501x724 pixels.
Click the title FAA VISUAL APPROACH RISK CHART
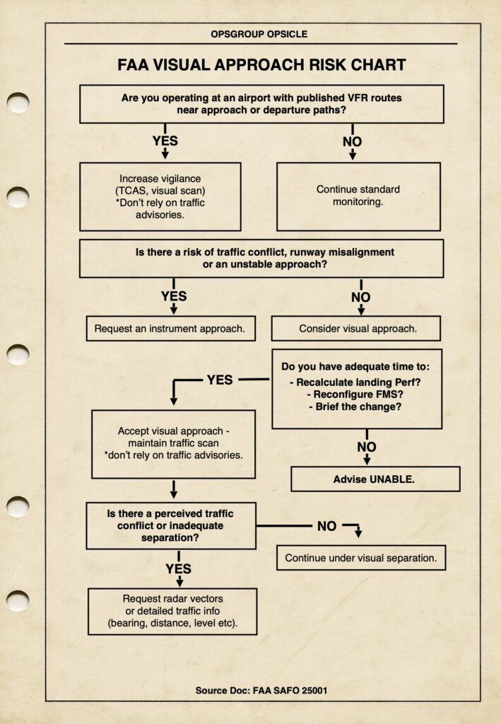point(261,65)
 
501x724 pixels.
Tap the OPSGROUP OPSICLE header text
point(259,34)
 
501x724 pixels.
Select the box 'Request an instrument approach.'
point(170,329)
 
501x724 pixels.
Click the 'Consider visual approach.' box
point(355,329)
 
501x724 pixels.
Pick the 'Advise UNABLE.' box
point(375,479)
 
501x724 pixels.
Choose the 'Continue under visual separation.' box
point(360,558)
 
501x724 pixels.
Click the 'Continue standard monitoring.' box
point(358,196)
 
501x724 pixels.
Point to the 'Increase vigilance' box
point(160,196)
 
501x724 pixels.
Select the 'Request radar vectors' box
point(172,611)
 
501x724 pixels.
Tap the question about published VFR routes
point(261,104)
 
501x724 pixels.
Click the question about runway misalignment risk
point(261,258)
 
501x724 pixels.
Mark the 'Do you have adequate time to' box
point(356,388)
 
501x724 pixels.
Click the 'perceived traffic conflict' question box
point(170,525)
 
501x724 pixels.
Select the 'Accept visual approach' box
point(173,443)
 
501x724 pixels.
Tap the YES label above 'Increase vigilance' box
point(165,141)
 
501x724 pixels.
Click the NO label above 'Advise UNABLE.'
point(367,447)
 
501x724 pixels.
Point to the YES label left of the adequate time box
point(219,380)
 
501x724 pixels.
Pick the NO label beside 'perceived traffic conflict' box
point(326,526)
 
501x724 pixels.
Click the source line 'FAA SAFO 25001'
point(261,689)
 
